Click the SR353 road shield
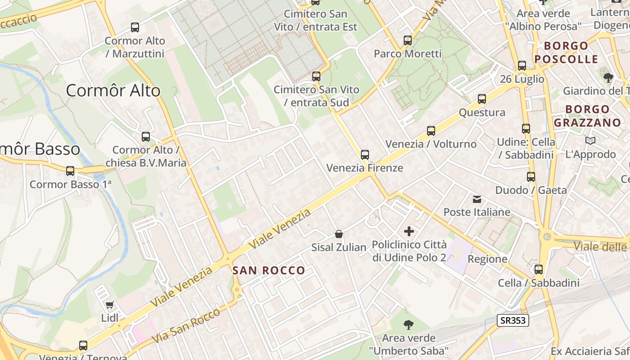pos(513,320)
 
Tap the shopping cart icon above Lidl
pos(109,305)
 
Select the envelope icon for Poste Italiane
pos(477,199)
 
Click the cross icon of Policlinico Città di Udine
pos(409,231)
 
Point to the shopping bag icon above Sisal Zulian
pos(339,234)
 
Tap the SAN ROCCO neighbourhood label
pos(269,270)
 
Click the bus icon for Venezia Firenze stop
pos(364,155)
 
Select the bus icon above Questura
pos(482,99)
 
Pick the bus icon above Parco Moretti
pos(408,40)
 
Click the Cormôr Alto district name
pos(113,91)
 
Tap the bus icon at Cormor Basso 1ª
pos(70,171)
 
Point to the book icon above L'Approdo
pos(590,140)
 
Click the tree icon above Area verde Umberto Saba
pos(409,324)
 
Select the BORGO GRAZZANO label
pos(587,116)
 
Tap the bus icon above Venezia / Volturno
pos(431,131)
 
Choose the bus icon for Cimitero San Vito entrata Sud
pos(316,76)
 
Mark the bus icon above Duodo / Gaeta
pos(531,177)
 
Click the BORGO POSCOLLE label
pos(566,52)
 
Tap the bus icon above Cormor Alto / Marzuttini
pos(135,27)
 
